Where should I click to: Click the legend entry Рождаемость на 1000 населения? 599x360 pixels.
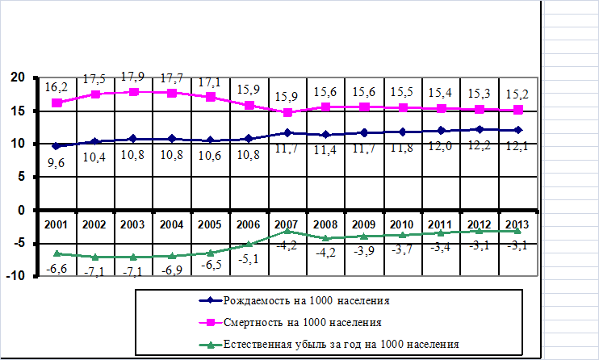(x=294, y=301)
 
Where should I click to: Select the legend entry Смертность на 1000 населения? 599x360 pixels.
(x=291, y=323)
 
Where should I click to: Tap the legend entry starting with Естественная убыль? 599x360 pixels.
(x=329, y=345)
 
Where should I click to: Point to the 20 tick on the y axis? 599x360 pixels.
(x=18, y=77)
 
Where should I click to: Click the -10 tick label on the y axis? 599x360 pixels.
(x=15, y=276)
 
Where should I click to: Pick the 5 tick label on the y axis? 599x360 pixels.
(x=21, y=177)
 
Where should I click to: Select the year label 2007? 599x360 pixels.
(x=287, y=224)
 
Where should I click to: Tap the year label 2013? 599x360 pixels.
(x=517, y=224)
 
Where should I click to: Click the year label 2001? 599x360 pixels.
(x=56, y=224)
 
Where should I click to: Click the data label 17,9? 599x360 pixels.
(x=132, y=77)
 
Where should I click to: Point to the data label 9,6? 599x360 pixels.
(x=57, y=163)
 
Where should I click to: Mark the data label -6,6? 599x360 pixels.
(x=57, y=269)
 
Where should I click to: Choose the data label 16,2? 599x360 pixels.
(x=57, y=87)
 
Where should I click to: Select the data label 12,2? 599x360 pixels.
(x=479, y=145)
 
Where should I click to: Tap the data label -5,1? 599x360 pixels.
(x=249, y=259)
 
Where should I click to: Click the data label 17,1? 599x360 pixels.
(x=209, y=82)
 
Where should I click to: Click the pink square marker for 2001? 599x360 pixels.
(x=57, y=103)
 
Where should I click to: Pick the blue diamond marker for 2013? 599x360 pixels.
(x=517, y=130)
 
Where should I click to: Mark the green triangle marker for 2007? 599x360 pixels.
(x=287, y=230)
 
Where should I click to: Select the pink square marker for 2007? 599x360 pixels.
(x=287, y=112)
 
